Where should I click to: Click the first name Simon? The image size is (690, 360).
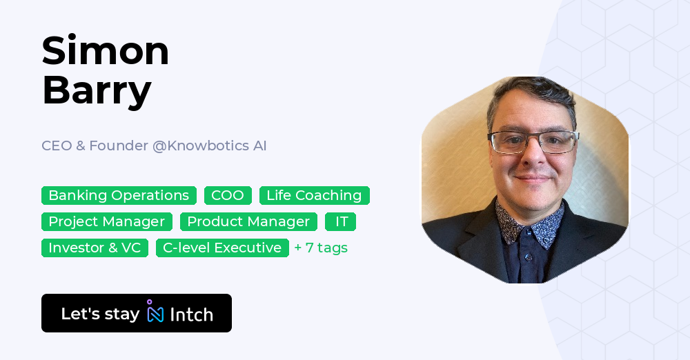point(106,51)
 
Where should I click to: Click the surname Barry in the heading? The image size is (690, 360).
point(97,90)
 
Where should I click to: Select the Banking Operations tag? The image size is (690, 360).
point(119,196)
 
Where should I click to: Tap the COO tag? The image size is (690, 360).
point(228,196)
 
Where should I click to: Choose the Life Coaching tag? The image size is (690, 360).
point(314,196)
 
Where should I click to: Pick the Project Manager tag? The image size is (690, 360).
point(107,222)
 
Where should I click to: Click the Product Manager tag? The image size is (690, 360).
point(248,222)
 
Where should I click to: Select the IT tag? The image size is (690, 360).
point(341,222)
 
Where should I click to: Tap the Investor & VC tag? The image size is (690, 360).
point(95,248)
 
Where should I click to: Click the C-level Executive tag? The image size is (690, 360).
point(222,248)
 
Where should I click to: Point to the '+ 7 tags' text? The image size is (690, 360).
point(321,248)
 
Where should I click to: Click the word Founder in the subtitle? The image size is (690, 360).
point(123,146)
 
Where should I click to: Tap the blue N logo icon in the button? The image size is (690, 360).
point(155,313)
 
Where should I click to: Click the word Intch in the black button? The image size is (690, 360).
point(191,314)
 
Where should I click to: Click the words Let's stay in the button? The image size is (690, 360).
point(100,314)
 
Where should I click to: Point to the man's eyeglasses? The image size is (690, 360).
point(533,142)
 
